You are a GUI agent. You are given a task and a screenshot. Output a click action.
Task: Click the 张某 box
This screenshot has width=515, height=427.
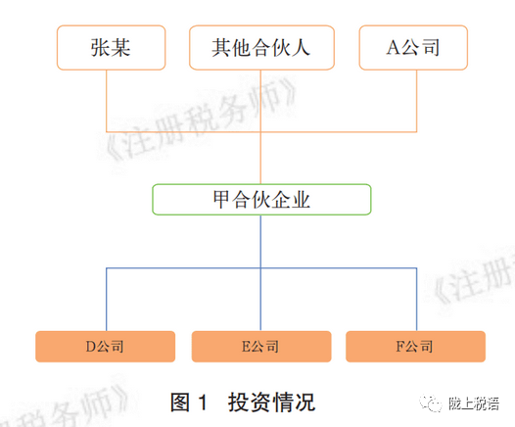tap(111, 48)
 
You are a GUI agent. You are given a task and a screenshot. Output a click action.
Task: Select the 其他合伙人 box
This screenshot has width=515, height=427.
tap(261, 48)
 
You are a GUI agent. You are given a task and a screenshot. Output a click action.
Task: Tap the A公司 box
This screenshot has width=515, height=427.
tap(413, 48)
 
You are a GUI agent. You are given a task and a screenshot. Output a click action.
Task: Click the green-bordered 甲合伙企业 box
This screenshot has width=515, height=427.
tap(261, 200)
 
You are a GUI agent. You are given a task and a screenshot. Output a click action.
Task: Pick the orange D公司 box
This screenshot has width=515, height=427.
tap(105, 347)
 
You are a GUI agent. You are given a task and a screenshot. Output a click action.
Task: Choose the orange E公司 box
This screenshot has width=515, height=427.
tap(261, 347)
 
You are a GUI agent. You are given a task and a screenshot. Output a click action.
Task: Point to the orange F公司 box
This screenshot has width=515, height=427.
tap(415, 347)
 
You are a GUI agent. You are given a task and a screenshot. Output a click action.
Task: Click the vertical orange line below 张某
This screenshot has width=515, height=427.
tap(107, 101)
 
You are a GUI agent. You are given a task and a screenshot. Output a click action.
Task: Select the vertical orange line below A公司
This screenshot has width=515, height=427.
tap(417, 101)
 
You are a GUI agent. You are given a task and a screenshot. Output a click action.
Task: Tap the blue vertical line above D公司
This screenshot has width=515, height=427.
tap(107, 300)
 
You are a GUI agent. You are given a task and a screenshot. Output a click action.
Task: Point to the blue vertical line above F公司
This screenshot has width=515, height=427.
tap(417, 300)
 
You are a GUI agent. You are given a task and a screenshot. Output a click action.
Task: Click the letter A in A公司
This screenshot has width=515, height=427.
tap(394, 48)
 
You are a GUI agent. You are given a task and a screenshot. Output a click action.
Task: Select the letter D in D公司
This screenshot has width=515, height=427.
tap(91, 347)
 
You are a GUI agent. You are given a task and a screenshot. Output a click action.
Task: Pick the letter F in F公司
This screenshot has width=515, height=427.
tap(400, 347)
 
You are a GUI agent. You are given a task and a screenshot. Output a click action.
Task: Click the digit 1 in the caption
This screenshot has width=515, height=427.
tap(203, 403)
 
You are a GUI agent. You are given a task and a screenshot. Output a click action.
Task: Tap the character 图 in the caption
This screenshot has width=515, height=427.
tap(180, 403)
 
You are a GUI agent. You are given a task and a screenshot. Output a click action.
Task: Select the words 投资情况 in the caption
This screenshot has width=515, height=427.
tap(271, 403)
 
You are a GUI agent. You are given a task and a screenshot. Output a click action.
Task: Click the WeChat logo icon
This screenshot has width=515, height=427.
tap(431, 403)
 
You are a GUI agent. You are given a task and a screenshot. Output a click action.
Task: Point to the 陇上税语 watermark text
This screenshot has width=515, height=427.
tap(474, 403)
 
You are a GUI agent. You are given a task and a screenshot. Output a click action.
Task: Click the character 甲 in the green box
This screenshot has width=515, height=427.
tap(222, 200)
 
